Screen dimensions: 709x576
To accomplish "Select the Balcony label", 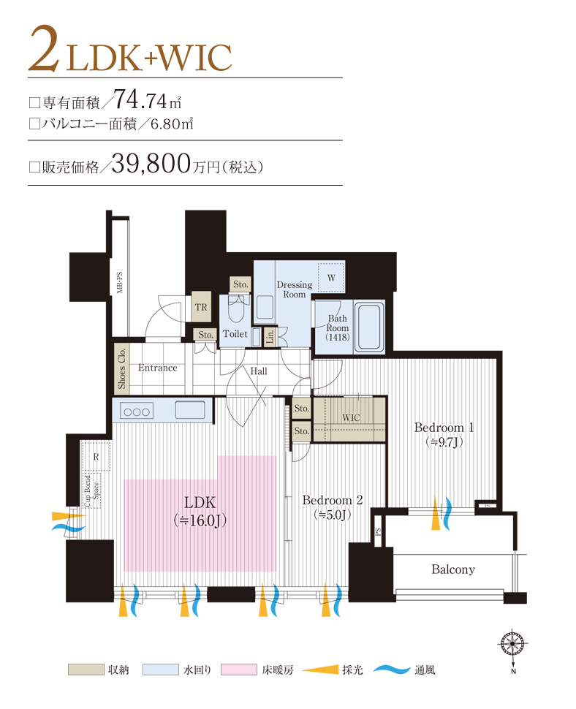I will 452,569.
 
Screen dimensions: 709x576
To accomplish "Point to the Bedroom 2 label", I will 333,501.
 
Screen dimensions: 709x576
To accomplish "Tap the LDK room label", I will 198,503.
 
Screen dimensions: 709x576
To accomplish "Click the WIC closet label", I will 351,417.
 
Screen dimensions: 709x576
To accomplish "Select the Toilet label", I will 235,333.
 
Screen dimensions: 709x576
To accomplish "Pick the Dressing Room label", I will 294,289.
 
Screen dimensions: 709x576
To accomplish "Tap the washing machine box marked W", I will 330,278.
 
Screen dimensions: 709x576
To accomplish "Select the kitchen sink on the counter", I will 189,410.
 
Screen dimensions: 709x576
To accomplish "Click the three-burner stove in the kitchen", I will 136,411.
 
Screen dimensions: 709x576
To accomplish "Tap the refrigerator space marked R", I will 96,457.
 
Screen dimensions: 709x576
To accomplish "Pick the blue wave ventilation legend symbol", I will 390,670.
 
